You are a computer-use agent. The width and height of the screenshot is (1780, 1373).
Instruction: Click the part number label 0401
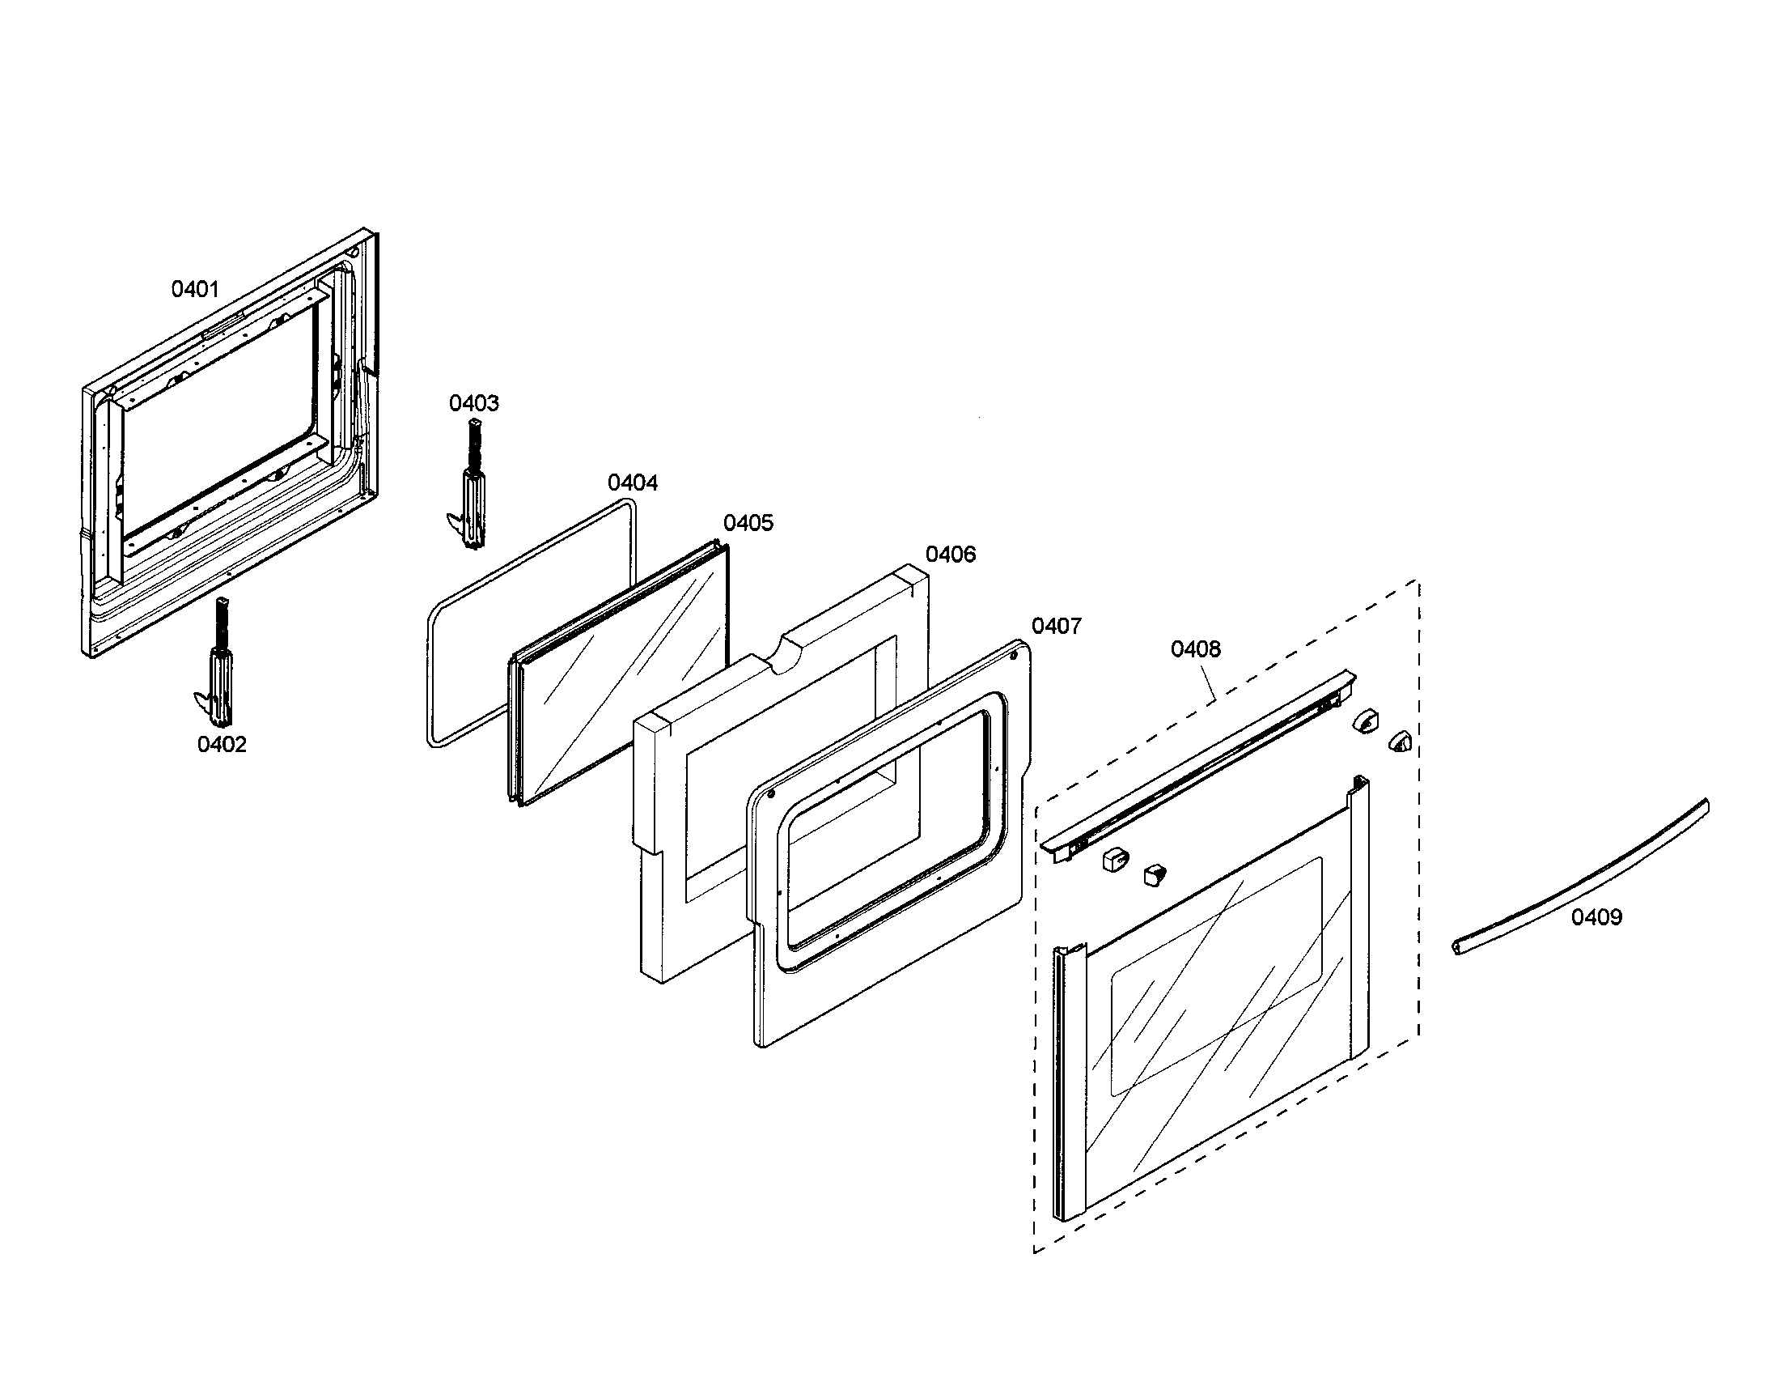[x=195, y=289]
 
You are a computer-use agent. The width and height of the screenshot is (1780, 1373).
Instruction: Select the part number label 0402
[x=222, y=745]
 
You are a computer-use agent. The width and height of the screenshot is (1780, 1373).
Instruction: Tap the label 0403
[x=474, y=403]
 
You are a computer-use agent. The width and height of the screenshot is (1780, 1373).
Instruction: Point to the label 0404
[x=633, y=482]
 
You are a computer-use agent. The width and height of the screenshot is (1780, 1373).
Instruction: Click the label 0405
[x=748, y=523]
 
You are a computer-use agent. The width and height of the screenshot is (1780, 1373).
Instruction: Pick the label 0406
[x=951, y=555]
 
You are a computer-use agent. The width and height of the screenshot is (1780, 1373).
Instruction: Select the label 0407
[x=1056, y=626]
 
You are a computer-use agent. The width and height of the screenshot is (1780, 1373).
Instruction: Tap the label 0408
[x=1196, y=649]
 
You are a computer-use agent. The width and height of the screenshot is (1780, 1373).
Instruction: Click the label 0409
[x=1596, y=917]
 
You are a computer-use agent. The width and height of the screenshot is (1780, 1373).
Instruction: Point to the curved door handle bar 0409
[x=1581, y=877]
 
